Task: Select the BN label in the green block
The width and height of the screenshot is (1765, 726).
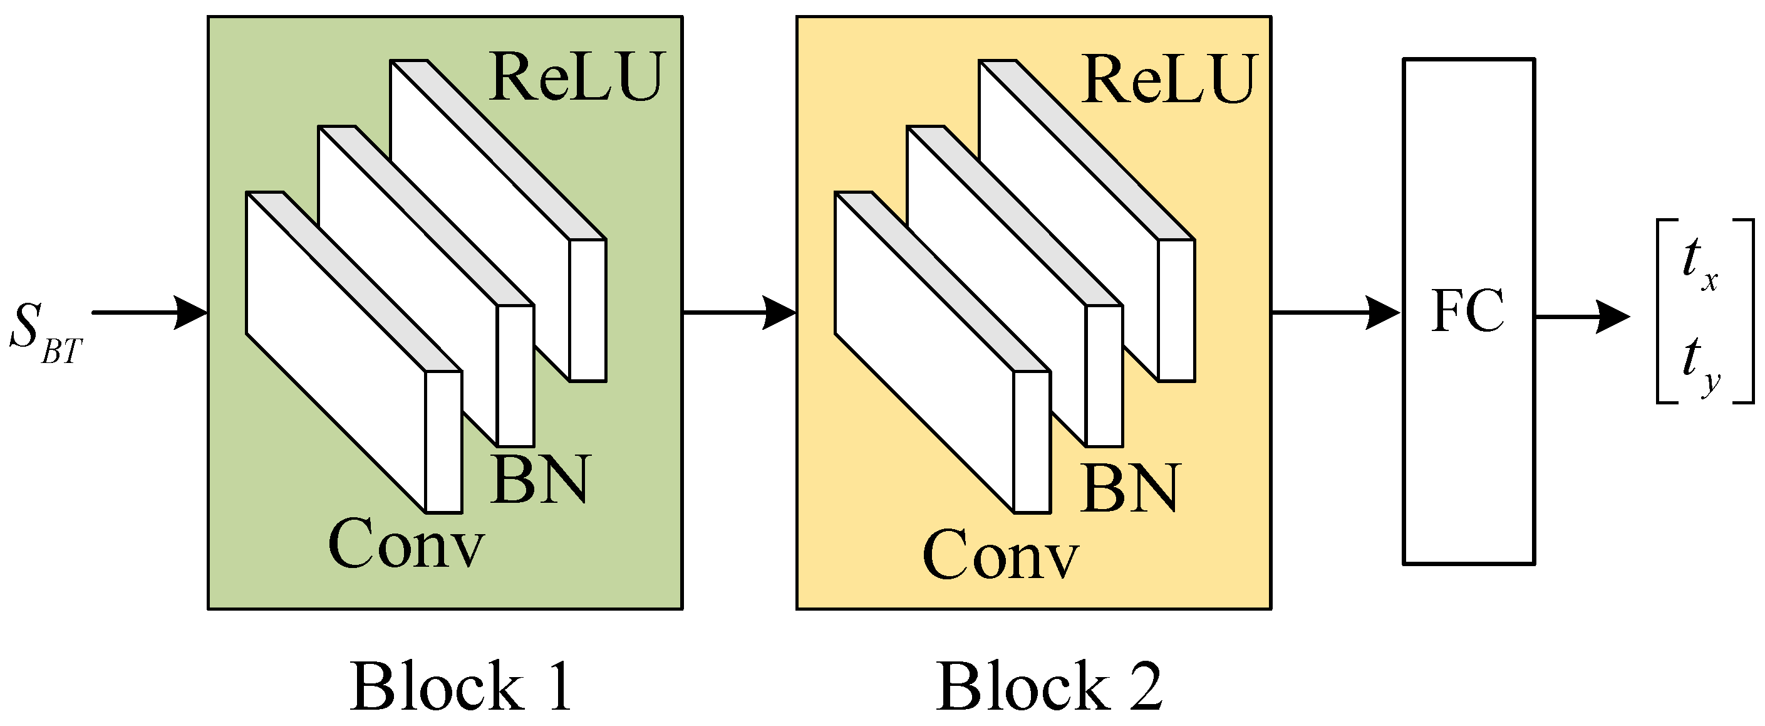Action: [540, 479]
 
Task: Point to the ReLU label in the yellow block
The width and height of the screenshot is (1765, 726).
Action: [1169, 80]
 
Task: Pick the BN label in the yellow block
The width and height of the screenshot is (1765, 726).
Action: [1131, 488]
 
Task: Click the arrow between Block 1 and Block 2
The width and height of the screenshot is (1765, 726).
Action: [739, 313]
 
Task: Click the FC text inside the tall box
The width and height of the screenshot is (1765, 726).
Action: [1467, 312]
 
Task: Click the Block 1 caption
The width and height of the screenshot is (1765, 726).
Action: [460, 688]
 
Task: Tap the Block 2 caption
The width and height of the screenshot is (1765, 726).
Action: [1050, 688]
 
